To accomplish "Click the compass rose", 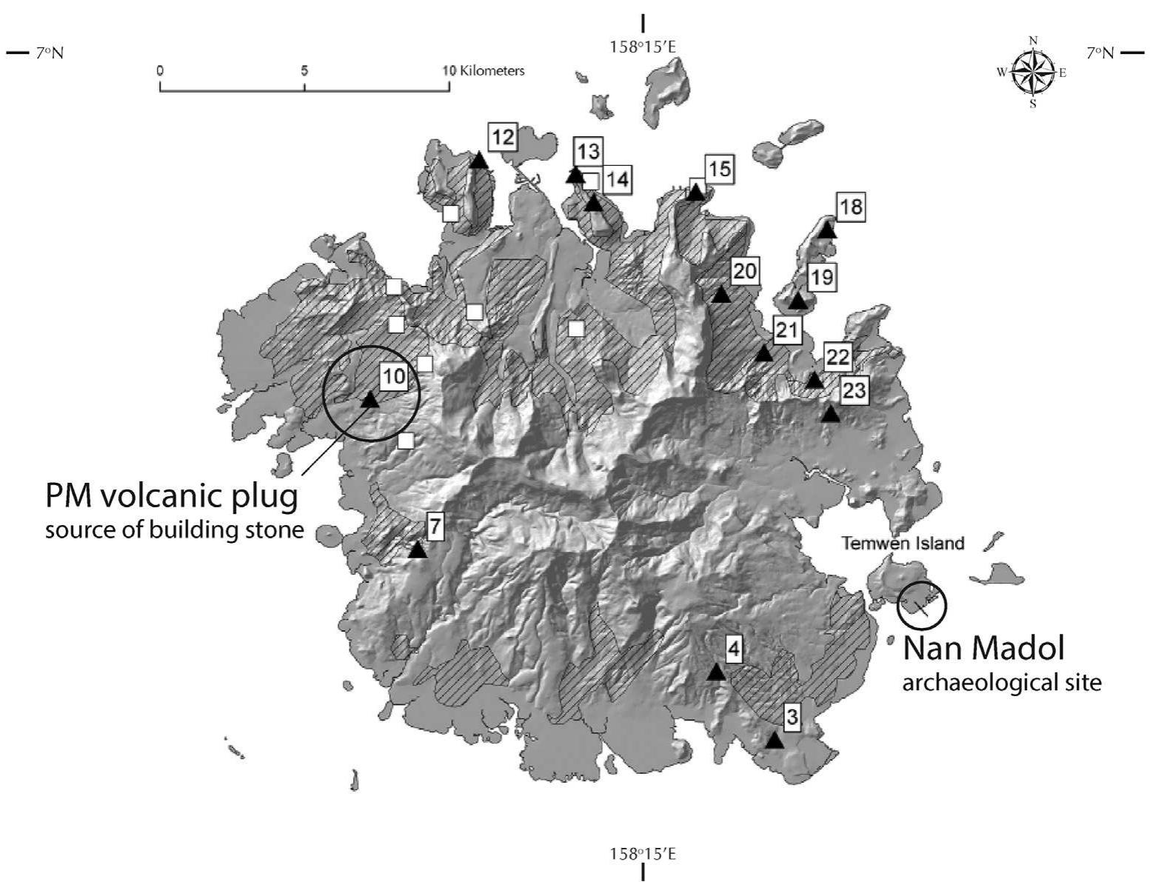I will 1033,71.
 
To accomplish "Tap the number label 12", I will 502,137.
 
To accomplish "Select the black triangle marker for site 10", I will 369,400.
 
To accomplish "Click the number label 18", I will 851,207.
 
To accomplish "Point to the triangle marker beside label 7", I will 418,549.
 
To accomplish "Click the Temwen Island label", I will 903,544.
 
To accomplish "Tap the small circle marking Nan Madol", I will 921,605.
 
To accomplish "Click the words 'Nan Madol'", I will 983,648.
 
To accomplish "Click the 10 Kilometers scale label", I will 484,71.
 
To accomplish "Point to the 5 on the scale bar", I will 304,71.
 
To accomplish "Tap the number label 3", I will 792,716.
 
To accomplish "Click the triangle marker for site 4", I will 715,672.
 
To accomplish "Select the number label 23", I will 854,390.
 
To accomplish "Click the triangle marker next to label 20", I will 721,295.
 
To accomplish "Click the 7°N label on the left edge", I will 50,53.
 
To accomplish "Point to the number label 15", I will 718,170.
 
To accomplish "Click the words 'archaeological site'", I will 1001,682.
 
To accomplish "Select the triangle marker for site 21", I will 764,353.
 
